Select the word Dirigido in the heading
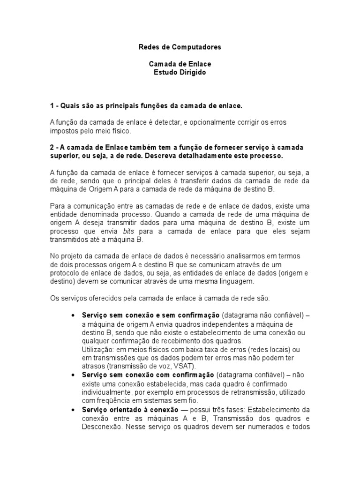pos(191,73)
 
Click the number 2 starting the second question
pos(52,146)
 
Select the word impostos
pos(63,131)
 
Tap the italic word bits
pos(128,232)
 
